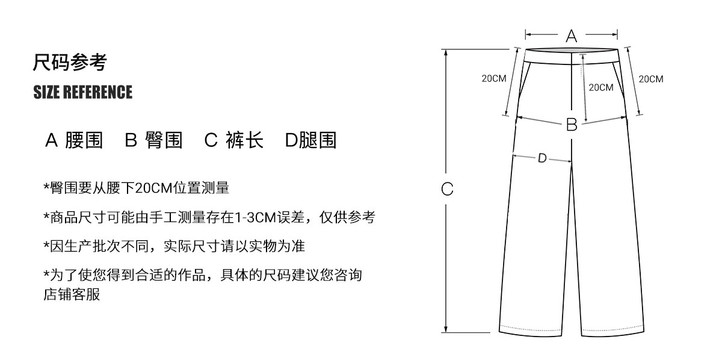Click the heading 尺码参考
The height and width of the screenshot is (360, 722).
pos(70,62)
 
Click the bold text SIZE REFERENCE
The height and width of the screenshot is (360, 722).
pos(83,92)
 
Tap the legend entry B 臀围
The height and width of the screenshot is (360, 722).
pos(153,140)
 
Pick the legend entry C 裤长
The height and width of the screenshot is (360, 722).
pos(234,140)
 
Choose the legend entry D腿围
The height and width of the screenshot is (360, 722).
pos(310,140)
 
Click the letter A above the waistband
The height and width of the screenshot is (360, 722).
pos(572,36)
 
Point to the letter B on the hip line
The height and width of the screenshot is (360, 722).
pos(572,125)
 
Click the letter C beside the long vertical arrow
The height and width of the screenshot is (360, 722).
pos(447,189)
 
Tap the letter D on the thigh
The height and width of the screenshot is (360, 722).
pos(541,158)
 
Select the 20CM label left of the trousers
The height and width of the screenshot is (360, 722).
pos(493,79)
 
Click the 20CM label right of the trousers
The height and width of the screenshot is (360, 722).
pos(650,79)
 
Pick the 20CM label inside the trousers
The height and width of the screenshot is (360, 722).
pos(600,87)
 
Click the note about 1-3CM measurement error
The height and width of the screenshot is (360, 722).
pos(209,217)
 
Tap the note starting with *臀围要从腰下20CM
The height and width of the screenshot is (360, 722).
pos(136,188)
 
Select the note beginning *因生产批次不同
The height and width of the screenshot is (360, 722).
pos(174,246)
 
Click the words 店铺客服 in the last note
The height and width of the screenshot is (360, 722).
pos(72,295)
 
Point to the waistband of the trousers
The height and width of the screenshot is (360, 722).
pos(572,55)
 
